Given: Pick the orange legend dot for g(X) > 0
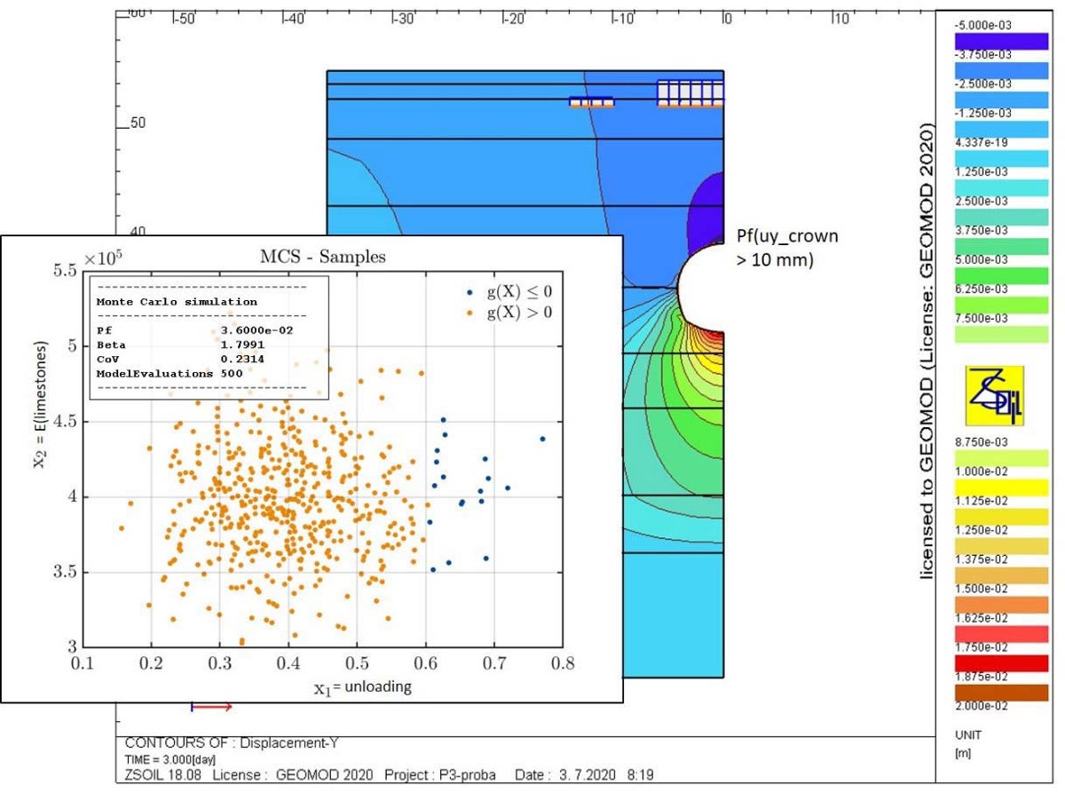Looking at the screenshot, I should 467,312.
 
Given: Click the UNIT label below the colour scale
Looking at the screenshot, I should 964,735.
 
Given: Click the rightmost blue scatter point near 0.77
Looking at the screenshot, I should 542,439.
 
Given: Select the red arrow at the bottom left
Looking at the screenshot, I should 212,707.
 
